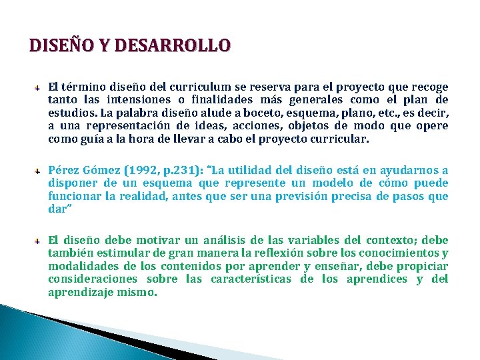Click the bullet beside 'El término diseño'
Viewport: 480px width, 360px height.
pos(39,87)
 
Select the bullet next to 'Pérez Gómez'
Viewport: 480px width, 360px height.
pos(39,171)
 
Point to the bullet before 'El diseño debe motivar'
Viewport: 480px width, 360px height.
pos(39,240)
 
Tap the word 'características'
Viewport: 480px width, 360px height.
pos(251,279)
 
